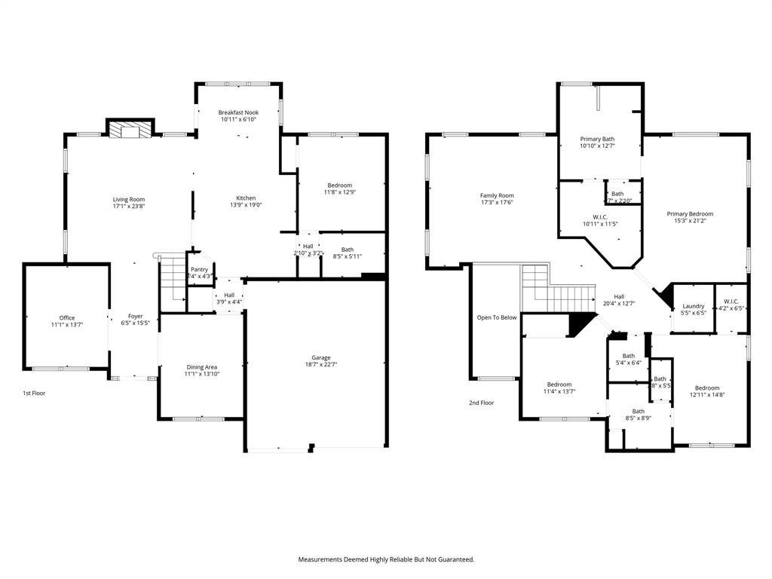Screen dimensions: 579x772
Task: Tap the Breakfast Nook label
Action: pyautogui.click(x=239, y=112)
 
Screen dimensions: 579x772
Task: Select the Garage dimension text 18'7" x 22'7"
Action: pyautogui.click(x=322, y=366)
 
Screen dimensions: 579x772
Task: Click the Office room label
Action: pyautogui.click(x=67, y=317)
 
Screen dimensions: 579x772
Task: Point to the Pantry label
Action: pyautogui.click(x=199, y=269)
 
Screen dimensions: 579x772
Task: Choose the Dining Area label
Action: pyautogui.click(x=201, y=367)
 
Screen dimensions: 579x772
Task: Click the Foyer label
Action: pyautogui.click(x=135, y=316)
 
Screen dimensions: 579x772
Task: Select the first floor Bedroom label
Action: pyautogui.click(x=339, y=185)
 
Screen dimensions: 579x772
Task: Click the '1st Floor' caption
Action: pyautogui.click(x=33, y=393)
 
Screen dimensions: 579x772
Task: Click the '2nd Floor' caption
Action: pyautogui.click(x=481, y=403)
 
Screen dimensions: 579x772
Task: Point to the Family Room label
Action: pyautogui.click(x=497, y=195)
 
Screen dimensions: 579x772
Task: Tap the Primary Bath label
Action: pyautogui.click(x=597, y=139)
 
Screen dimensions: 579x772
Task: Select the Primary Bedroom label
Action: pyautogui.click(x=690, y=213)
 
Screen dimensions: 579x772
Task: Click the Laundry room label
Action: pyautogui.click(x=693, y=305)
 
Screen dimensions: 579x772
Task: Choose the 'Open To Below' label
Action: pyautogui.click(x=497, y=317)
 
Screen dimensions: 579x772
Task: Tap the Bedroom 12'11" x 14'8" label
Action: pyautogui.click(x=707, y=388)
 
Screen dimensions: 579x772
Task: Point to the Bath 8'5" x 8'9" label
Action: pyautogui.click(x=638, y=411)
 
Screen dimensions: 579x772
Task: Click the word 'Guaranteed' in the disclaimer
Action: pyautogui.click(x=451, y=559)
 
